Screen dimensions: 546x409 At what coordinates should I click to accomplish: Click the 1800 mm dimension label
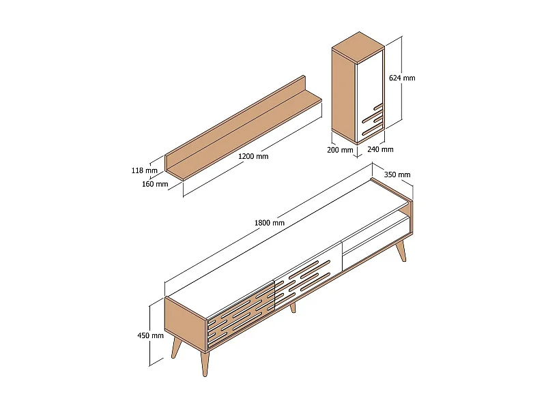269,223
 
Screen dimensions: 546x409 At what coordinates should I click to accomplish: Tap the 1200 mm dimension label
253,156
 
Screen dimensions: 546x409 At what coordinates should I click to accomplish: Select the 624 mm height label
402,78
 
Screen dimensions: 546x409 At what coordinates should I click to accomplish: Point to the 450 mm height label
150,335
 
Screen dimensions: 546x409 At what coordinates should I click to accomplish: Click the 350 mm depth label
397,175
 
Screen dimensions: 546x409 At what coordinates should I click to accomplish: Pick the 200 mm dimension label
340,150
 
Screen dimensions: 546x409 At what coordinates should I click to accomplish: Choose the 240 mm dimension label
380,149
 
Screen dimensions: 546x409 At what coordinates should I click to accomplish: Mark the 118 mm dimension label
144,170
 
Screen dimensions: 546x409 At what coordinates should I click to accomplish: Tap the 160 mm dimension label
155,184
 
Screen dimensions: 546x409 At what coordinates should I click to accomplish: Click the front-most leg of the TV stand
205,364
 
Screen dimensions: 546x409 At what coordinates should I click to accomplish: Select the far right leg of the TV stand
401,250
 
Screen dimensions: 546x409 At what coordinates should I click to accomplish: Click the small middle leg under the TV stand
293,308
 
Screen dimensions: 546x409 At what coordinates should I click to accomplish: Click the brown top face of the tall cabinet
358,47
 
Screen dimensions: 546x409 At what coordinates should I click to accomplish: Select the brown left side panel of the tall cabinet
344,95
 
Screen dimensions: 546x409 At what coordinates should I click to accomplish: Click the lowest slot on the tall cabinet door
372,130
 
